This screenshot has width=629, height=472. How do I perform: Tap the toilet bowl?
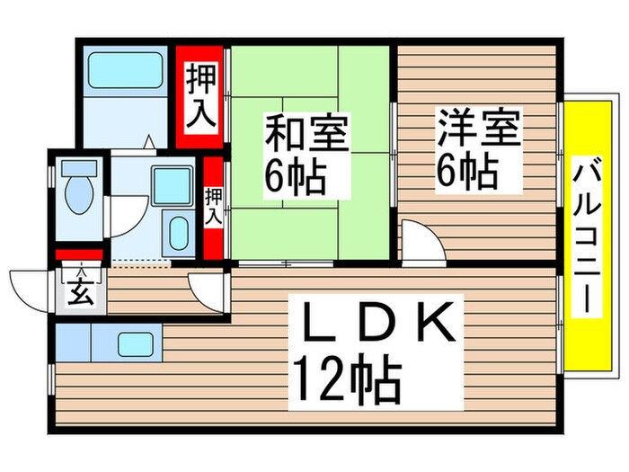tap(77, 196)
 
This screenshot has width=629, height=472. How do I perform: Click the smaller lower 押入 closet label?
tap(213, 206)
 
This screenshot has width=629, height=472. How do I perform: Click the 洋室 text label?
tap(479, 127)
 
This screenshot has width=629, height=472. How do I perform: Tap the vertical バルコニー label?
tap(588, 234)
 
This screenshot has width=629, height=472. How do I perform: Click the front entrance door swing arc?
tap(30, 286)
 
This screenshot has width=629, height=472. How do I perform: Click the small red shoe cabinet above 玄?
tap(79, 255)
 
